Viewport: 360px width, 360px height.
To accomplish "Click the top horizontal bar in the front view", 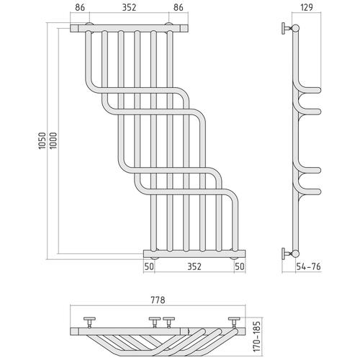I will click(130, 28).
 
